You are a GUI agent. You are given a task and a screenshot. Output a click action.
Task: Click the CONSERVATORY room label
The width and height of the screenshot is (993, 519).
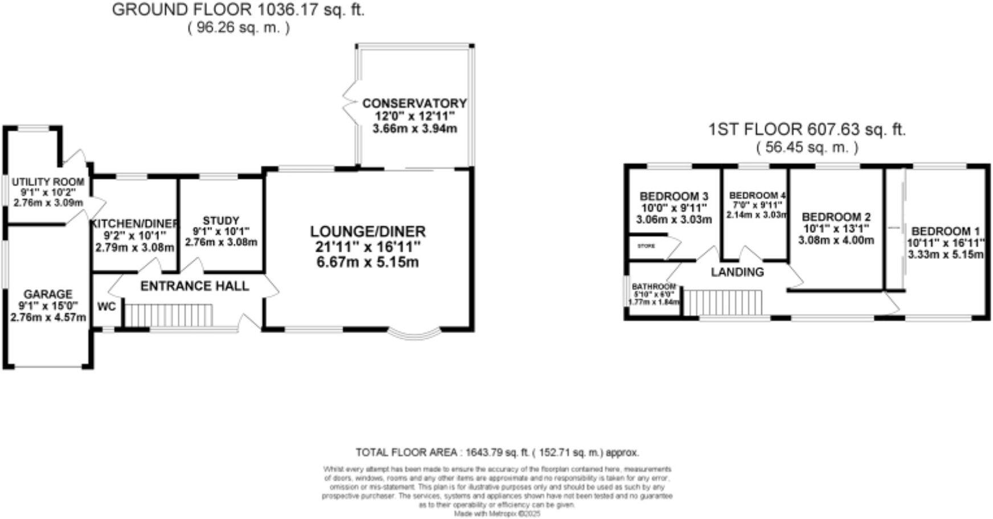coord(414,104)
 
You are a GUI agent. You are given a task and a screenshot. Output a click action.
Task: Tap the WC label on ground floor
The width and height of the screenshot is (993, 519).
coord(106,307)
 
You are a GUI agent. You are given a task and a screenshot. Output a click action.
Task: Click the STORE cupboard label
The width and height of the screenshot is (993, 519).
coord(646,246)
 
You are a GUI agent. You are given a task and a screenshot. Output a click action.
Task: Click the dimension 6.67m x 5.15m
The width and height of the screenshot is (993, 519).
coord(367,262)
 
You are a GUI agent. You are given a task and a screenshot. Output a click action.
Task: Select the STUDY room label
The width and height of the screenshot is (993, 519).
coord(221,221)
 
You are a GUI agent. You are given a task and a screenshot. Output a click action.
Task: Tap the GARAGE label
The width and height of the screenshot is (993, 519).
coord(48,294)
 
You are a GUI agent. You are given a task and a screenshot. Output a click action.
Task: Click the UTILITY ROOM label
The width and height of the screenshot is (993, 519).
coord(48,182)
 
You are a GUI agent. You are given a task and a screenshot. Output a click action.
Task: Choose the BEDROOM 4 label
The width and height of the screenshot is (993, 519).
coord(757,196)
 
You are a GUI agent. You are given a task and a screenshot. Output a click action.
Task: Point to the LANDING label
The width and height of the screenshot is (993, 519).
coord(737,272)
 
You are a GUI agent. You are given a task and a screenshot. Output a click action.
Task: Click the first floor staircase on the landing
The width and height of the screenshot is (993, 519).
coord(722,302)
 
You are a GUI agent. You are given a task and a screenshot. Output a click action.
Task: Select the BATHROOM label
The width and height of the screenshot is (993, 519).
coord(654,286)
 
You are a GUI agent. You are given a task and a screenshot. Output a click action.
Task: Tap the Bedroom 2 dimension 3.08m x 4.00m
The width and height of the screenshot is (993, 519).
coord(835,241)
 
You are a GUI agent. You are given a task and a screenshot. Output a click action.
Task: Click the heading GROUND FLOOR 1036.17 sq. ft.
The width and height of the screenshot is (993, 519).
coord(238,10)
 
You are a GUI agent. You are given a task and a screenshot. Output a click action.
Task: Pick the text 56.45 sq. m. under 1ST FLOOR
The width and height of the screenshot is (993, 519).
coord(807,147)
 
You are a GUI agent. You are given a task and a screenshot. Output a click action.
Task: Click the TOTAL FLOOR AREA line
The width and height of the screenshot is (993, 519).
coord(497,453)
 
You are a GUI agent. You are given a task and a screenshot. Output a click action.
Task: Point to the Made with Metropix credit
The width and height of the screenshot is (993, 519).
coord(496,513)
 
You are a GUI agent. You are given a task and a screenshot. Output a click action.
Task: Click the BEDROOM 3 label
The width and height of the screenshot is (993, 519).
coord(674,197)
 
